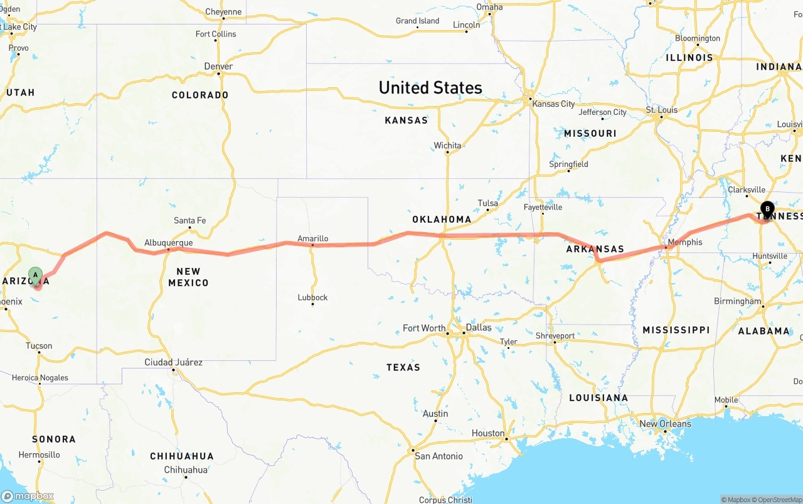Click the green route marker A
point(36,275)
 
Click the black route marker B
point(767,209)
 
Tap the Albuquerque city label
point(168,243)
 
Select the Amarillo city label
point(312,239)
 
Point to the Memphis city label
point(685,242)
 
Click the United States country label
point(430,88)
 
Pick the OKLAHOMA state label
point(442,220)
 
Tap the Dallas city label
point(479,328)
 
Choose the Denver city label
point(218,67)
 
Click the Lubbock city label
point(312,298)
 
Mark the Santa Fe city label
point(189,220)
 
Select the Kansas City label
point(553,104)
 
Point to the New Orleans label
point(665,424)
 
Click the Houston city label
point(488,433)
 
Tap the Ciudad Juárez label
point(173,362)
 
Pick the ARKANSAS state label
point(595,249)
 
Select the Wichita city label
point(447,146)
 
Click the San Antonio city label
point(439,456)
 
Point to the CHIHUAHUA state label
point(181,456)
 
